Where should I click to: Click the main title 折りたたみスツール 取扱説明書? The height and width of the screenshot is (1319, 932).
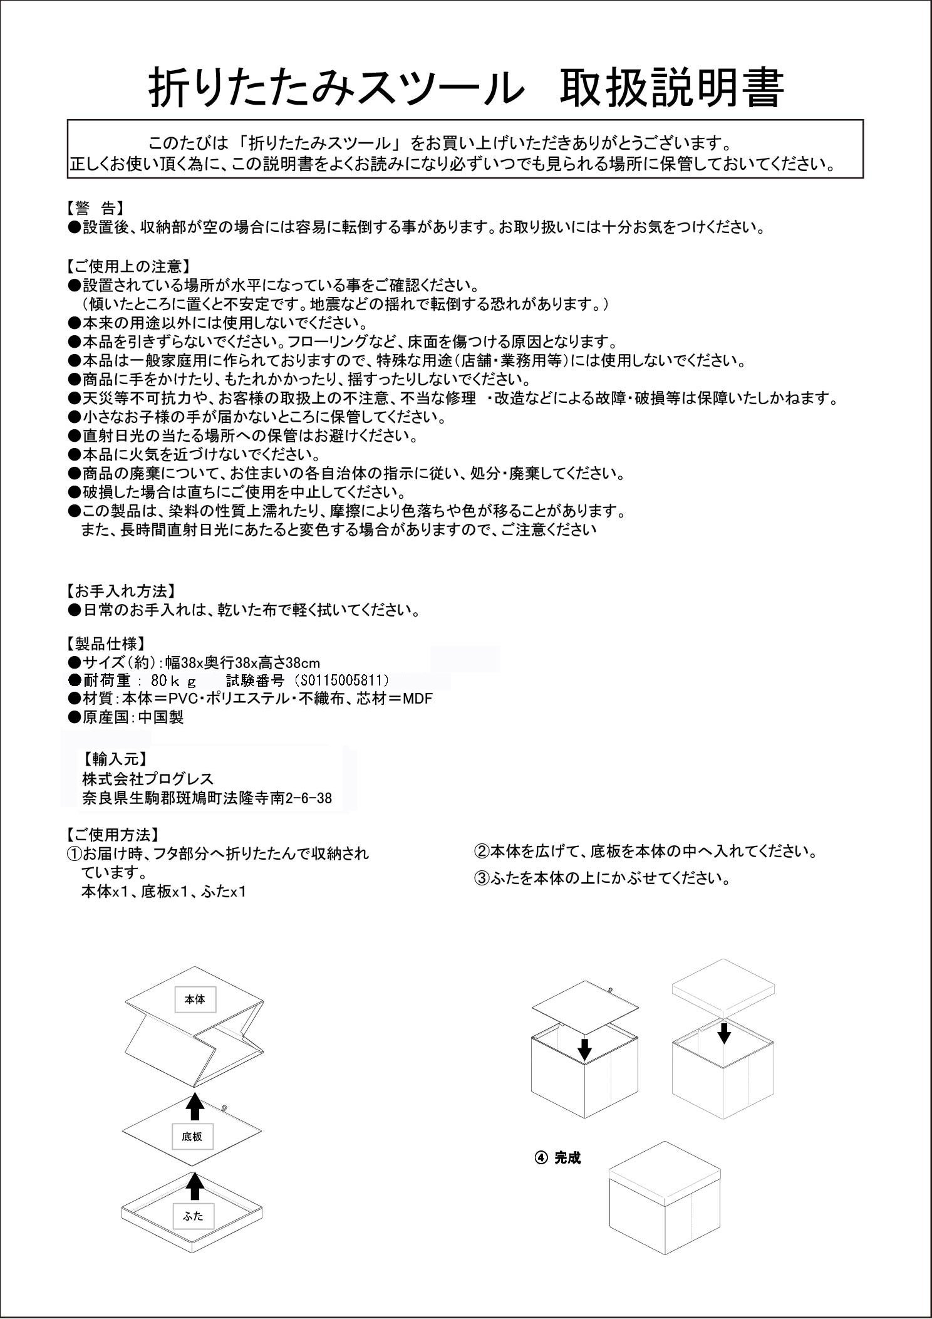(x=466, y=90)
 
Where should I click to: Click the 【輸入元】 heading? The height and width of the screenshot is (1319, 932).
(x=115, y=759)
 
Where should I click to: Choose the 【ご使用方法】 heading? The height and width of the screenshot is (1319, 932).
(x=111, y=835)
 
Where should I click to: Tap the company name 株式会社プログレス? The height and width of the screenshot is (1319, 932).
(x=148, y=779)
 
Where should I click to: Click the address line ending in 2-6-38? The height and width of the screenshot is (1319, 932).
(x=207, y=798)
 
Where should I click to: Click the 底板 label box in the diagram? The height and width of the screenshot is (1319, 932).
(x=192, y=1136)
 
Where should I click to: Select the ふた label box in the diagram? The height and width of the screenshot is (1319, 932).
(x=194, y=1217)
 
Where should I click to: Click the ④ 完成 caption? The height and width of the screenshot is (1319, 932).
(x=557, y=1158)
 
